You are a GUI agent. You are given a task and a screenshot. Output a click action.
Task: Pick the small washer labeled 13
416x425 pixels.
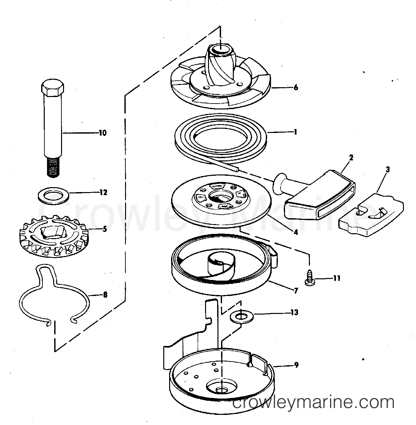point(241,317)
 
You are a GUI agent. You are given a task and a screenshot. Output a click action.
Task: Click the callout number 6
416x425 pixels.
point(296,88)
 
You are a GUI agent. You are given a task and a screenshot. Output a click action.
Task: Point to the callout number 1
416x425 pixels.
point(296,132)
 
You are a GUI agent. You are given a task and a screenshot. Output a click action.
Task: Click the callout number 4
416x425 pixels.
point(296,232)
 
